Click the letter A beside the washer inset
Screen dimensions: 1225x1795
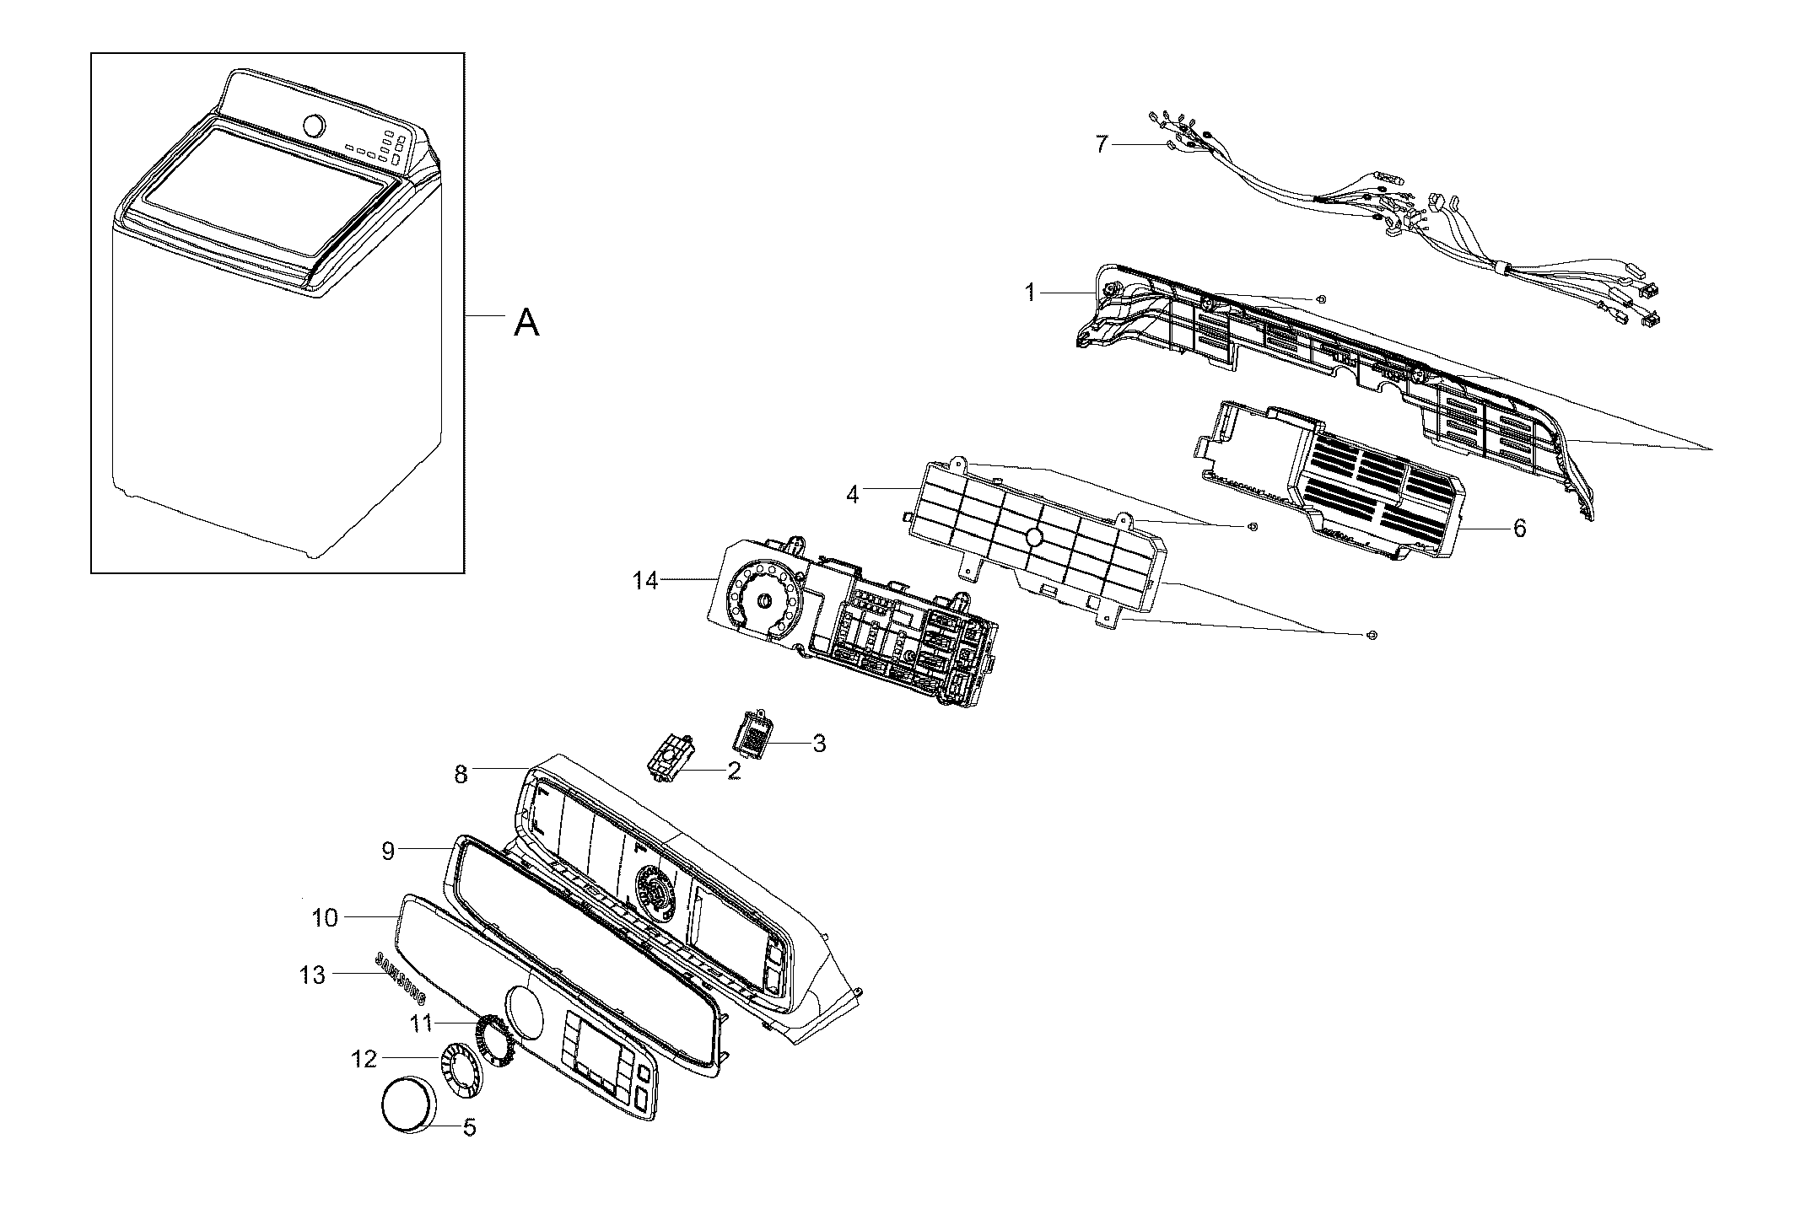(526, 322)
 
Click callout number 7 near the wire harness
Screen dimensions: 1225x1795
(1102, 144)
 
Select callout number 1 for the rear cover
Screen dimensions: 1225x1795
(1029, 293)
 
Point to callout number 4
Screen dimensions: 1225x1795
(853, 495)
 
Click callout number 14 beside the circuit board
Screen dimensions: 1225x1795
(645, 581)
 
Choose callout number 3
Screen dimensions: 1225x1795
(818, 744)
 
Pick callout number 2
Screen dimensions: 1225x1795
(733, 770)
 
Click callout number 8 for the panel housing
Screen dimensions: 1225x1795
(461, 774)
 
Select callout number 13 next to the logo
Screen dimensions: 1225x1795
(311, 975)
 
